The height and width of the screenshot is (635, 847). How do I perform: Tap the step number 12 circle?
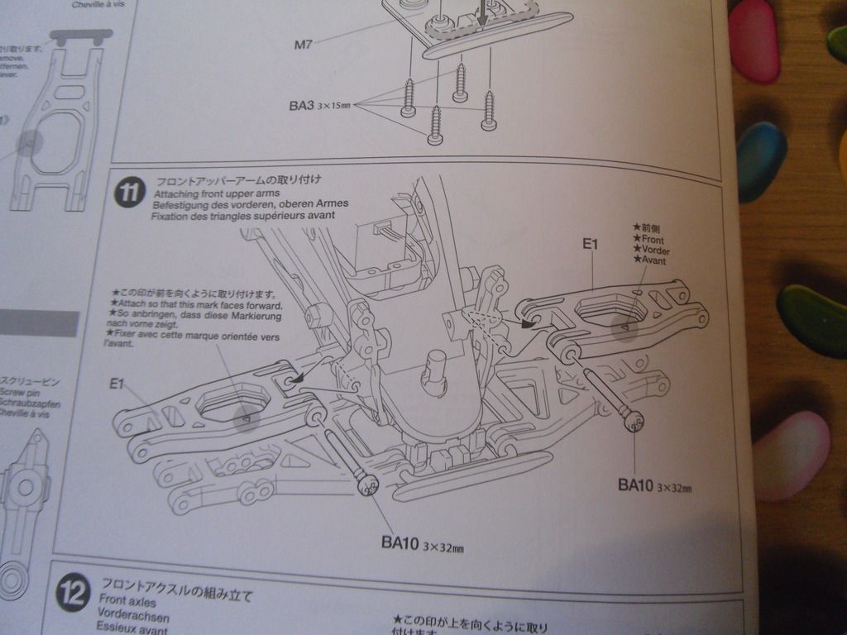tap(72, 594)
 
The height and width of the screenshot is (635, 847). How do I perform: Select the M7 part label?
tap(303, 44)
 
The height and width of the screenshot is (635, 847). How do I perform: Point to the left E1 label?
tap(117, 383)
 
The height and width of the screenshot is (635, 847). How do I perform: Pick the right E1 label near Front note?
tap(590, 243)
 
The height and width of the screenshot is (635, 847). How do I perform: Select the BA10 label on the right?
tap(653, 485)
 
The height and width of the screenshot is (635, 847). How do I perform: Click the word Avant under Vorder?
tap(652, 260)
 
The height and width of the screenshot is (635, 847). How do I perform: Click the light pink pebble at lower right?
tap(791, 455)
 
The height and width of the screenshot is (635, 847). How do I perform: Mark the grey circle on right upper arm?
tap(625, 329)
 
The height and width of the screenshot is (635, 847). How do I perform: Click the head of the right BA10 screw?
tap(634, 423)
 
